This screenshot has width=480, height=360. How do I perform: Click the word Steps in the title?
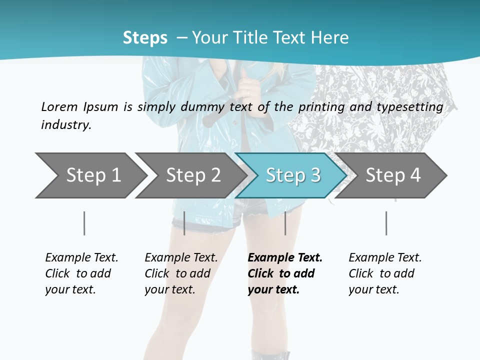145,37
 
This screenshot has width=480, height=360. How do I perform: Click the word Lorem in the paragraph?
59,106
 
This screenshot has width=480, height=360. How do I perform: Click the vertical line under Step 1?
84,223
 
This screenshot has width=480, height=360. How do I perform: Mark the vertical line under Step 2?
184,223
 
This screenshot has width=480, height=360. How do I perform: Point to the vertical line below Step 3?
285,223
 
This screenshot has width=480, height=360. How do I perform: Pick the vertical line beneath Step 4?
386,223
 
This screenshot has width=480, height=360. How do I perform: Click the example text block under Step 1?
81,273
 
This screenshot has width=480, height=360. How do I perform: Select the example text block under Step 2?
181,273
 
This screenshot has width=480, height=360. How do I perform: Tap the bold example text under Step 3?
285,273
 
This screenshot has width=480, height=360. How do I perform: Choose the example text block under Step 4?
385,273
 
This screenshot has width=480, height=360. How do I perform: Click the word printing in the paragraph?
321,106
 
